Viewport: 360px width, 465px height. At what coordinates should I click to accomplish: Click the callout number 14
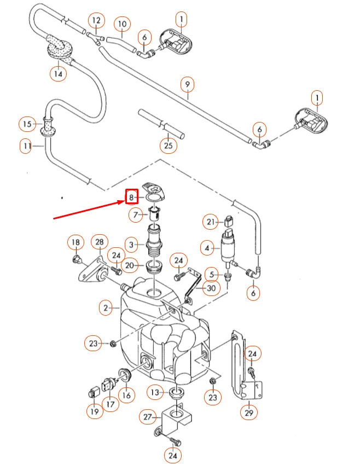pos(57,73)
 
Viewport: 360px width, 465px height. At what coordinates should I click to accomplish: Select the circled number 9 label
pos(187,85)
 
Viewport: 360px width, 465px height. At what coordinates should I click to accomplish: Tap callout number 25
pos(169,146)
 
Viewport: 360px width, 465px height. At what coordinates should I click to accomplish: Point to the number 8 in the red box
pos(131,197)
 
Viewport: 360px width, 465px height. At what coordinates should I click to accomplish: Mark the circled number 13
pos(155,392)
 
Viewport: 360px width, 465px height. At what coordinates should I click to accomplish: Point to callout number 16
pos(126,394)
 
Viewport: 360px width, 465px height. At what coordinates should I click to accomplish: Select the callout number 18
pos(76,243)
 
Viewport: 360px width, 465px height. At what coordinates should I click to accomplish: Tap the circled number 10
pos(122,24)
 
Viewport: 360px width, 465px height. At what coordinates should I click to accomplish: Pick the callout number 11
pos(26,147)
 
